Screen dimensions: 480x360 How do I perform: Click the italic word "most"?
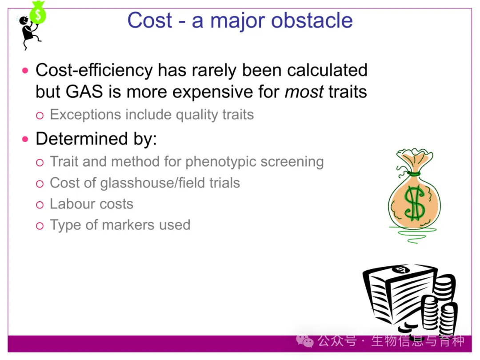point(304,92)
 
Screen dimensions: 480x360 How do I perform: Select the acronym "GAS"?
point(84,92)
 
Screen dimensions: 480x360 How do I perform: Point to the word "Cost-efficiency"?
point(94,70)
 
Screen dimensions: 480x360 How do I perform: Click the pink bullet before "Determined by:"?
point(25,140)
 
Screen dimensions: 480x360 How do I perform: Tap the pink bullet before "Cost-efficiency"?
point(25,71)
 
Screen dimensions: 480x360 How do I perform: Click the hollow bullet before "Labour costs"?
point(40,205)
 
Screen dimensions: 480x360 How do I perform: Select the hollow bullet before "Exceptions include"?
point(40,116)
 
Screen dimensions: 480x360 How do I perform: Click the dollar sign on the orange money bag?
point(414,203)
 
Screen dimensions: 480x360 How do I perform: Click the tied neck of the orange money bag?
point(413,174)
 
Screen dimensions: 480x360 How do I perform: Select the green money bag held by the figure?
point(38,12)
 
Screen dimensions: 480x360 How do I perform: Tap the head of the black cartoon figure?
point(24,21)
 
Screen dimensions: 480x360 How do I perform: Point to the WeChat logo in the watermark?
point(304,341)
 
